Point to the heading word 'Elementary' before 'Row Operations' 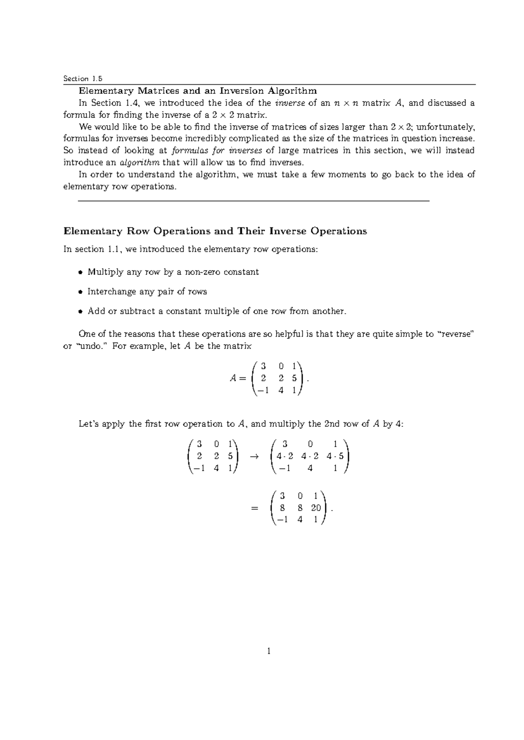pyautogui.click(x=93, y=231)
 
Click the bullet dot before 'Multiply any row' pyautogui.click(x=80, y=273)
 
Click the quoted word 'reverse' pyautogui.click(x=455, y=334)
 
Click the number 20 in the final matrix pyautogui.click(x=316, y=508)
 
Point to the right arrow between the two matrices pyautogui.click(x=253, y=457)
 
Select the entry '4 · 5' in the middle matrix pyautogui.click(x=335, y=456)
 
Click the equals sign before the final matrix pyautogui.click(x=255, y=508)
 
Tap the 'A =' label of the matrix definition pyautogui.click(x=239, y=378)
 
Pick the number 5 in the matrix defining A pyautogui.click(x=295, y=379)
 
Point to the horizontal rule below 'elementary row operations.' pyautogui.click(x=253, y=200)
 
